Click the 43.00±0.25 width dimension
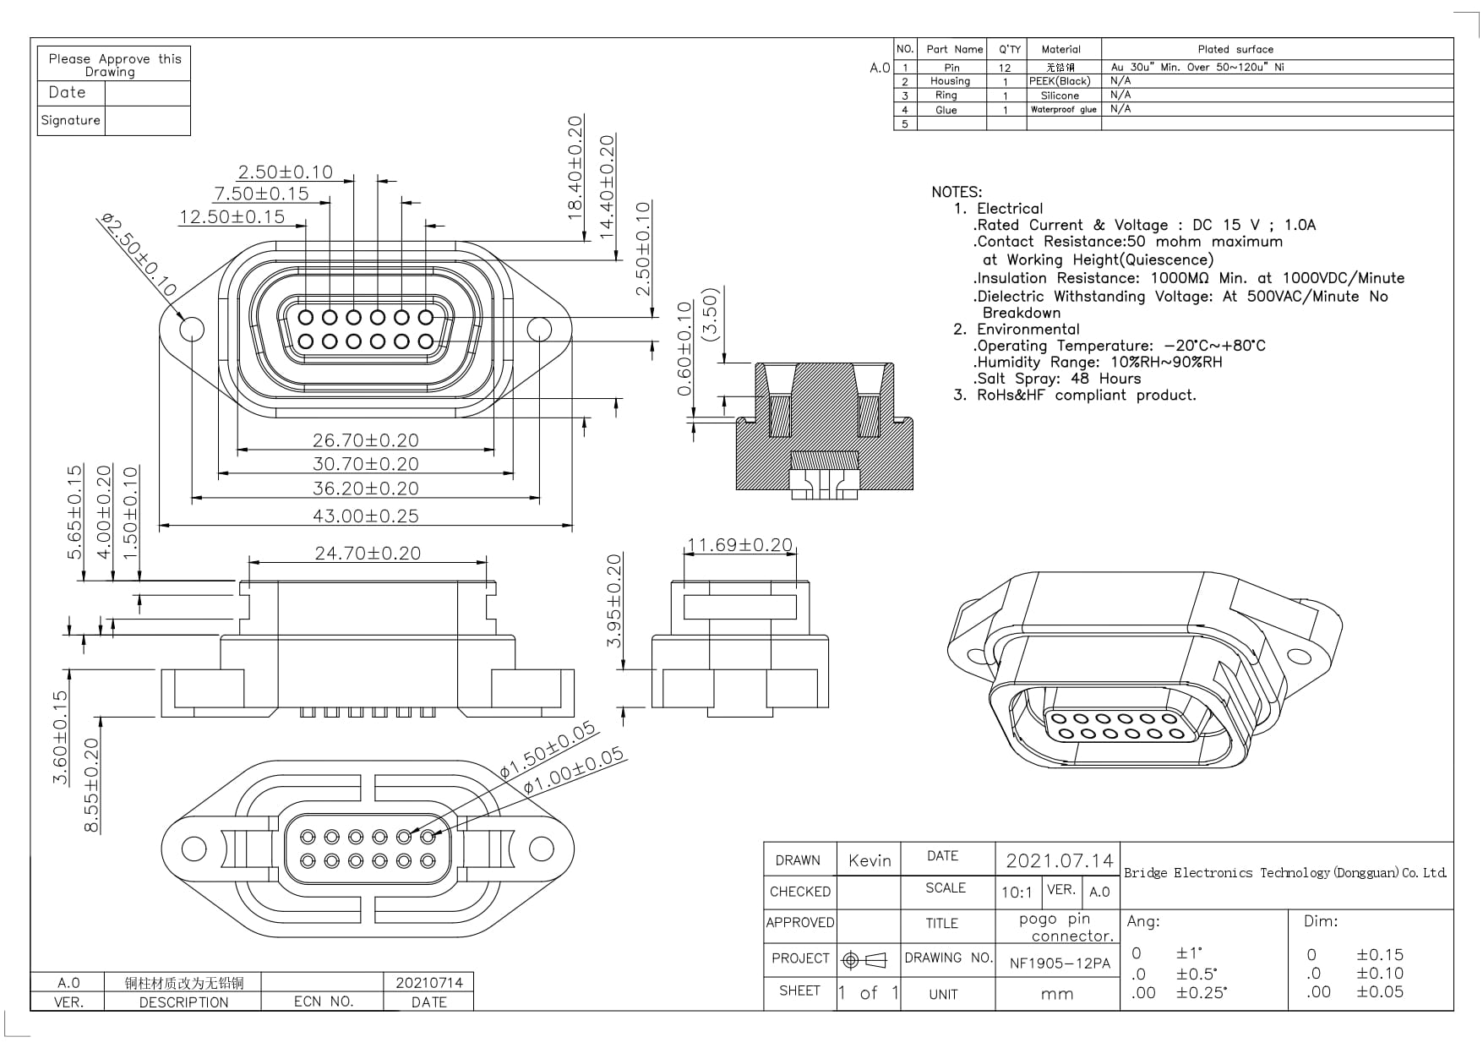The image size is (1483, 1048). (365, 516)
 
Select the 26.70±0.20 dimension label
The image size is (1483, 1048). (365, 440)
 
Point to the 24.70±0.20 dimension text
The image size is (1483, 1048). (367, 553)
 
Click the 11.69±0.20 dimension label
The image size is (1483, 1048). (739, 545)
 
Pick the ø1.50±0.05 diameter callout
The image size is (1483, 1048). (547, 750)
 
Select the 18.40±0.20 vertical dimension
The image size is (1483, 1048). (575, 167)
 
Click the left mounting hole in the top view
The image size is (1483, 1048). (192, 328)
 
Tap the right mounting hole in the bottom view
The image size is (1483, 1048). (541, 848)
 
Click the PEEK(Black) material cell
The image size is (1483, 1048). (1060, 81)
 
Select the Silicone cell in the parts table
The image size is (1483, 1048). (1060, 96)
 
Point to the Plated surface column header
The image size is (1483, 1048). (1235, 49)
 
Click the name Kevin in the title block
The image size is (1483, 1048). (870, 860)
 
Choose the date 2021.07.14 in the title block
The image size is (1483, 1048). (1059, 860)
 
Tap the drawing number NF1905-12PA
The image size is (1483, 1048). (1060, 963)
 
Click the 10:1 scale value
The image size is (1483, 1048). (1017, 892)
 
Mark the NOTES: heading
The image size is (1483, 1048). (957, 192)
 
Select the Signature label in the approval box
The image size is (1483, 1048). (71, 120)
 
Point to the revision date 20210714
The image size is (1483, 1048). (429, 983)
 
